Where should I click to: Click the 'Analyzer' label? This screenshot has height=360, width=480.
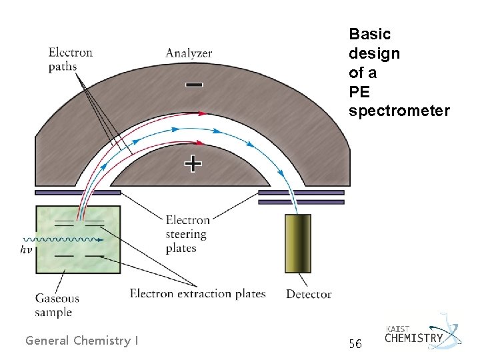click(189, 53)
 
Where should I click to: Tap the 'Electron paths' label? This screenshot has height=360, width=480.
click(70, 59)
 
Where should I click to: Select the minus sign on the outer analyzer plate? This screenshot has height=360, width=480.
click(194, 85)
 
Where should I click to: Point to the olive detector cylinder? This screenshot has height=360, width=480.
click(297, 243)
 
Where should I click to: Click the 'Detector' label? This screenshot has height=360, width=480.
click(308, 293)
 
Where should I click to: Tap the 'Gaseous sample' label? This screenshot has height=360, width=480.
click(58, 305)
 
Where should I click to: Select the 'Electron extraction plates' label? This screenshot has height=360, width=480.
click(197, 293)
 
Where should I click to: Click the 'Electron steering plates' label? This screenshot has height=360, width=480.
click(187, 233)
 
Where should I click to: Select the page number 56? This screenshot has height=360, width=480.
click(355, 343)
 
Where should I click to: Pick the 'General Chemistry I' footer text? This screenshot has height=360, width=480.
click(82, 341)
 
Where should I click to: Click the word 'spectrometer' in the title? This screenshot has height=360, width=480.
click(399, 111)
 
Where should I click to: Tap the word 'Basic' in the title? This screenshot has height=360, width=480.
click(369, 33)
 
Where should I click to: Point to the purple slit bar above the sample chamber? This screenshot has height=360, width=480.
click(78, 193)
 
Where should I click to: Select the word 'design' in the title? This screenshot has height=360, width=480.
click(374, 53)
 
